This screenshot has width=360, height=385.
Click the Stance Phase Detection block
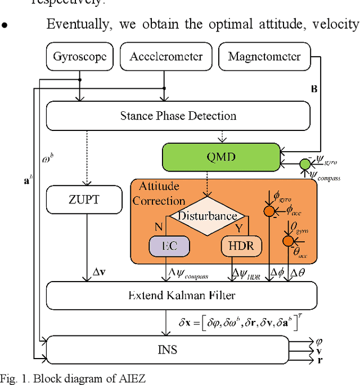(178, 116)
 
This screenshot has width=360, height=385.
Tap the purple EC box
(169, 246)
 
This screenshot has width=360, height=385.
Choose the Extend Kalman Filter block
(181, 295)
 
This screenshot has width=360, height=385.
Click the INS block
(167, 349)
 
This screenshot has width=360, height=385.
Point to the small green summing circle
(304, 165)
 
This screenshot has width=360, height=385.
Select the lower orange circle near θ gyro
(288, 241)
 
